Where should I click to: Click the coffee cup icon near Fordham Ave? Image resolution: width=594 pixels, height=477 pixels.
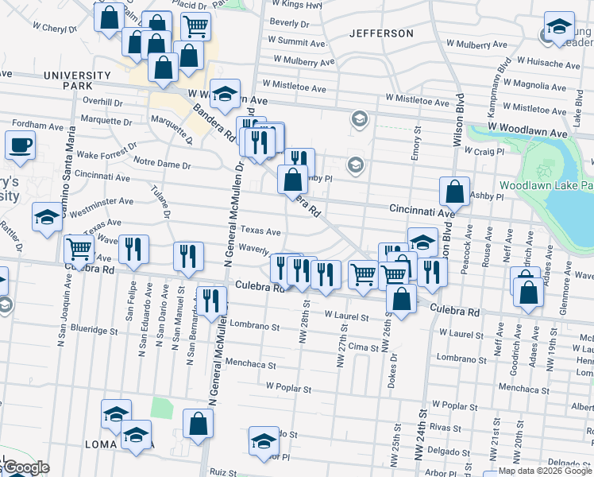[x=21, y=145]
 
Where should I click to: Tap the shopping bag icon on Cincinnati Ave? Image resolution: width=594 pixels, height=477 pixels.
[x=453, y=192]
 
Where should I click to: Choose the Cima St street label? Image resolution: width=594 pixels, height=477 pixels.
[x=363, y=347]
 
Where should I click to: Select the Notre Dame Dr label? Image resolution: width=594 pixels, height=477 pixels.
[x=163, y=165]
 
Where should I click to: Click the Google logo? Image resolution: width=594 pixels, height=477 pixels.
[x=25, y=467]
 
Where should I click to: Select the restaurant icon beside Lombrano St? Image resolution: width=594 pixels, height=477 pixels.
[x=211, y=301]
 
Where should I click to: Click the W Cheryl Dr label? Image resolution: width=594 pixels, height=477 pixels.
[x=55, y=27]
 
